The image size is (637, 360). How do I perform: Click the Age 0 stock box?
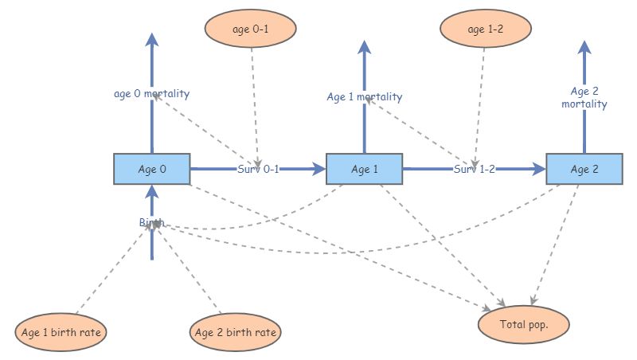click(151, 169)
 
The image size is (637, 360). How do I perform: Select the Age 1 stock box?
click(365, 169)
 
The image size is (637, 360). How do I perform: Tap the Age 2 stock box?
click(584, 169)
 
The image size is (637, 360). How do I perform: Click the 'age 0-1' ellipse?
click(251, 29)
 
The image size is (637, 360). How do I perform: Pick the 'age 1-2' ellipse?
click(486, 29)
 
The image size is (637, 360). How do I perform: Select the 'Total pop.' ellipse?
click(524, 324)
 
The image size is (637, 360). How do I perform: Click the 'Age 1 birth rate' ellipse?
click(61, 331)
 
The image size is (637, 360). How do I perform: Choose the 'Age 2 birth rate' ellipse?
click(236, 331)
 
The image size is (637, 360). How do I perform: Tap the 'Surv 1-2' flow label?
click(475, 169)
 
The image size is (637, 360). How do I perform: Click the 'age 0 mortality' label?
click(151, 94)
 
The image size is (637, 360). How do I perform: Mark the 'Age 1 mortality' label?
click(365, 97)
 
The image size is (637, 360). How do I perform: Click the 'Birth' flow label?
click(151, 222)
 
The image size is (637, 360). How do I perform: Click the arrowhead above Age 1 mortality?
click(365, 46)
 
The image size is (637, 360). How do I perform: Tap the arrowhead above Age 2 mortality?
click(584, 46)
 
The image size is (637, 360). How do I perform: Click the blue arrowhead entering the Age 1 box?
click(319, 169)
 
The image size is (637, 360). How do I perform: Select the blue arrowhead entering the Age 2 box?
click(538, 169)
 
